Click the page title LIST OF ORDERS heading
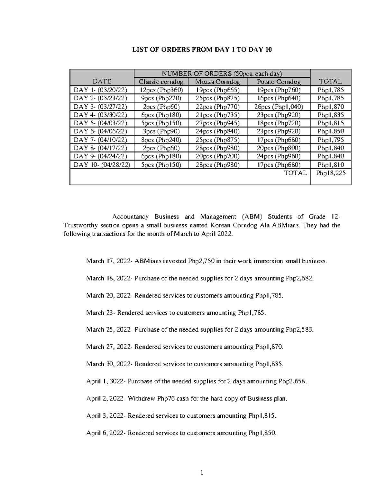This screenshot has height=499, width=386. (x=203, y=49)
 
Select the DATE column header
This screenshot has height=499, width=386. (x=102, y=82)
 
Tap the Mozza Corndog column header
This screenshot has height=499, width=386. (x=217, y=82)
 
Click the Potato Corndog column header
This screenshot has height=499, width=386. (x=279, y=82)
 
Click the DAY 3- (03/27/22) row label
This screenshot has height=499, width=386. (x=100, y=107)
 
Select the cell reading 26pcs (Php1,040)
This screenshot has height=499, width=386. (x=279, y=107)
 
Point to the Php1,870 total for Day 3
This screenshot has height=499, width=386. (x=330, y=107)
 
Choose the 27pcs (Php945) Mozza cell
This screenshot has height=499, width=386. (x=217, y=123)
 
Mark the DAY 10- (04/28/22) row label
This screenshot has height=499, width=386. (x=102, y=165)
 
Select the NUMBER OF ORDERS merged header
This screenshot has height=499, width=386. (x=222, y=73)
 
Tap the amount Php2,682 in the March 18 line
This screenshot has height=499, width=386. (x=299, y=278)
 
